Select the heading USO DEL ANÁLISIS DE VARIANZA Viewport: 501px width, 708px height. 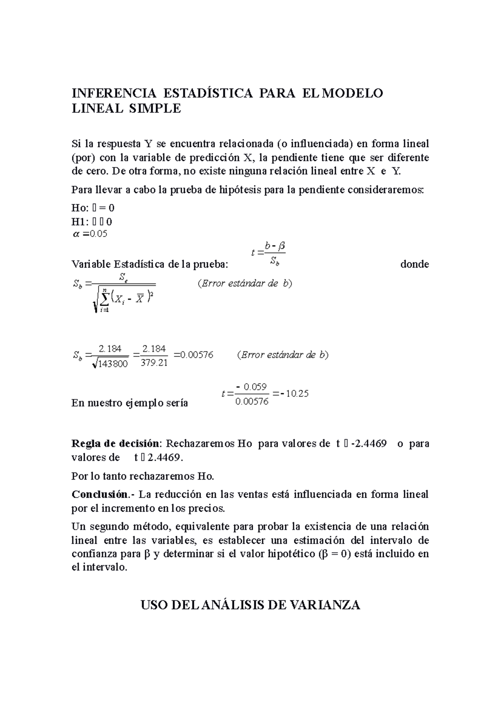pyautogui.click(x=250, y=605)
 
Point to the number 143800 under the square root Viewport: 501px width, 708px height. pyautogui.click(x=113, y=364)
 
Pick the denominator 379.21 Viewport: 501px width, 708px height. pyautogui.click(x=154, y=363)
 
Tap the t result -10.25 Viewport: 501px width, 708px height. pyautogui.click(x=294, y=394)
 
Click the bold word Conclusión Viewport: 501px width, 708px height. pyautogui.click(x=99, y=495)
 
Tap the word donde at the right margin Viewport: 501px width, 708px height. pyautogui.click(x=414, y=264)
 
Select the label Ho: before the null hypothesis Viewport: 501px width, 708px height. pyautogui.click(x=81, y=208)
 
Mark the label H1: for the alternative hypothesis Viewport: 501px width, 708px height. pyautogui.click(x=81, y=221)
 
